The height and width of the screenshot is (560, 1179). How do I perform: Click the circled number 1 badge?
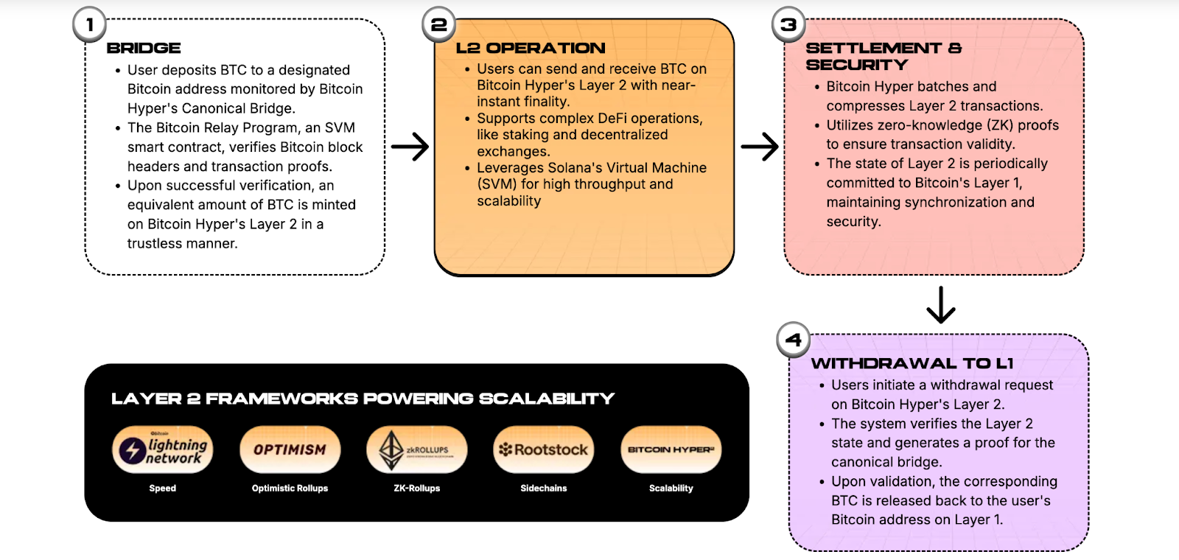tap(90, 25)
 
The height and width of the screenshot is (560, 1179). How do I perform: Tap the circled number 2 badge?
tap(439, 25)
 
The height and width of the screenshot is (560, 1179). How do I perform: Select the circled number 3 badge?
tap(788, 25)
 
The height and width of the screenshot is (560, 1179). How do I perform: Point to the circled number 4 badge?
tap(794, 340)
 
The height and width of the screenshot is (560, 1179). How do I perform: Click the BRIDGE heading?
tap(144, 48)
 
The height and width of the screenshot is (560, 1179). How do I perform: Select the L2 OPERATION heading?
tap(531, 48)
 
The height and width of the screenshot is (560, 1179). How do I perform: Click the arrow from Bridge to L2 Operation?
tap(410, 147)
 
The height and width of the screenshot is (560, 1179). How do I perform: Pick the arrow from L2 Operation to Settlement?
tap(760, 147)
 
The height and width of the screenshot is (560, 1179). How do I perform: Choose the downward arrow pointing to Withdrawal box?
tap(941, 305)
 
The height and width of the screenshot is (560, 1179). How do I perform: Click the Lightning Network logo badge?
tap(163, 449)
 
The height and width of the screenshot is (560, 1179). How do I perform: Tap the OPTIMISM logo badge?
tap(290, 449)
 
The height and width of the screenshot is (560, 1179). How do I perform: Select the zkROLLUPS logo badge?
tap(417, 449)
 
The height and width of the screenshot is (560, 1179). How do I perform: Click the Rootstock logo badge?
tap(544, 449)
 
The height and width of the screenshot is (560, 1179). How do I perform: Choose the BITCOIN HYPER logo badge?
tap(671, 449)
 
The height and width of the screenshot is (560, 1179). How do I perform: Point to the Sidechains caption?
tap(544, 489)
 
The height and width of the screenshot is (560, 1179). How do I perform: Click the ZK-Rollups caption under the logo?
tap(417, 489)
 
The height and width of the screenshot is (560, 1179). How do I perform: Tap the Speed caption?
tap(163, 489)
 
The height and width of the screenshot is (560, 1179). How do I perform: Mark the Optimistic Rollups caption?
tap(290, 489)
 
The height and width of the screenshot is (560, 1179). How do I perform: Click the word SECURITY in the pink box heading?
tap(857, 65)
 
